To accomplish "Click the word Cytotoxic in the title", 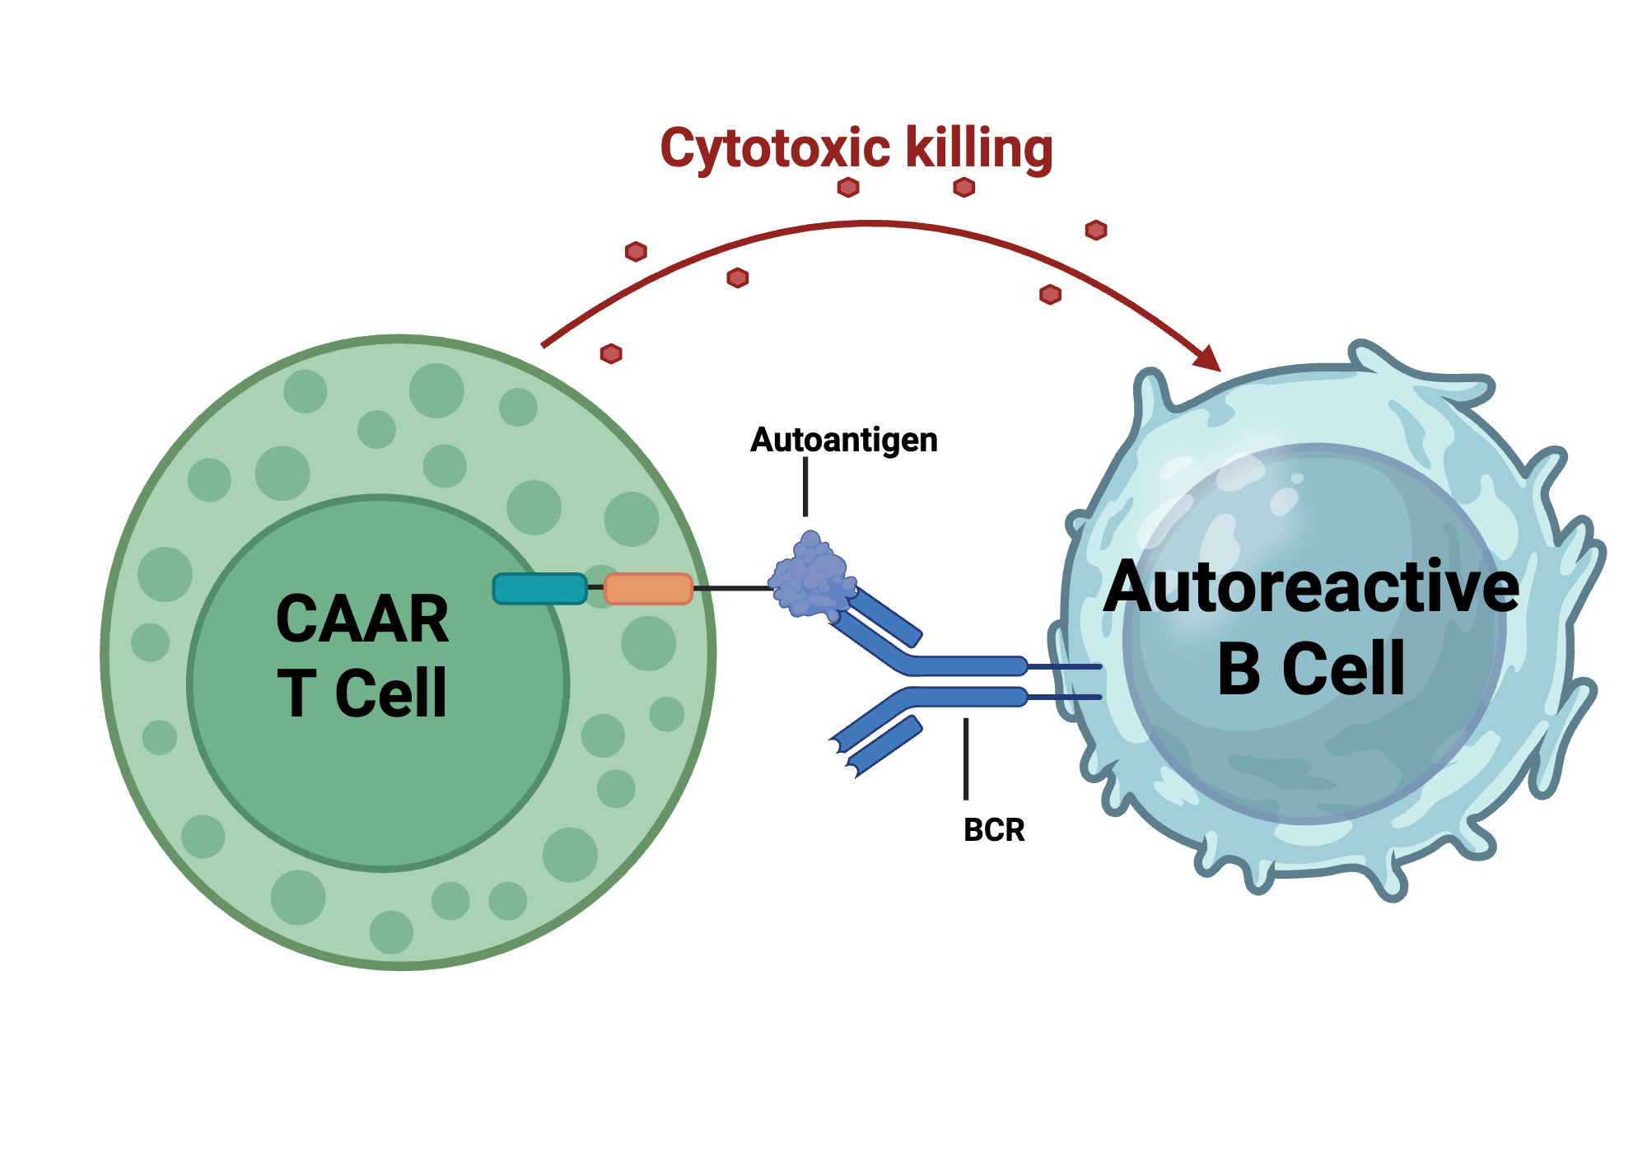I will click(x=774, y=149).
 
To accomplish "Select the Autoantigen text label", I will click(x=843, y=440).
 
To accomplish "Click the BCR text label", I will click(x=994, y=829).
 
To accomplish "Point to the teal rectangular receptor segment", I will click(x=539, y=589).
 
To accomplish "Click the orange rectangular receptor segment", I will click(x=648, y=589).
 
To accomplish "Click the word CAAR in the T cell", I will click(x=362, y=619).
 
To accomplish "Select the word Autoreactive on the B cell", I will click(x=1311, y=587).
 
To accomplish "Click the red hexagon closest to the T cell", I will click(x=611, y=354).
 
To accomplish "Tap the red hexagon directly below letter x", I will click(x=848, y=188).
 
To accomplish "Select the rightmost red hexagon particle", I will click(x=1095, y=230).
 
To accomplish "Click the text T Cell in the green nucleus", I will click(x=362, y=693).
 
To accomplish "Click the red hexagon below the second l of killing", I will click(x=964, y=188).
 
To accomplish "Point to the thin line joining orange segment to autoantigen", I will click(x=733, y=588).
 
